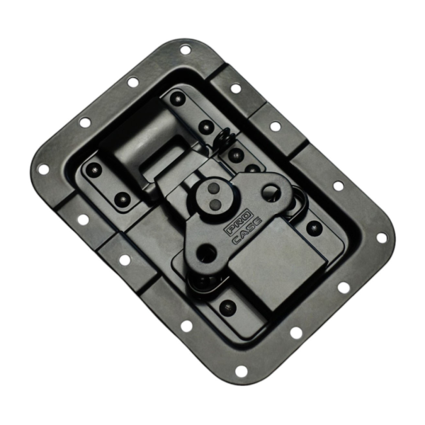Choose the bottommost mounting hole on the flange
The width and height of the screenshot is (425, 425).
[x=241, y=371]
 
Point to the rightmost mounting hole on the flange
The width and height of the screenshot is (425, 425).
[x=382, y=237]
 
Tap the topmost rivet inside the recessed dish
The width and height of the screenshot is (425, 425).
[x=178, y=98]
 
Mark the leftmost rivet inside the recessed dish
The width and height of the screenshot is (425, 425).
[x=93, y=169]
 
